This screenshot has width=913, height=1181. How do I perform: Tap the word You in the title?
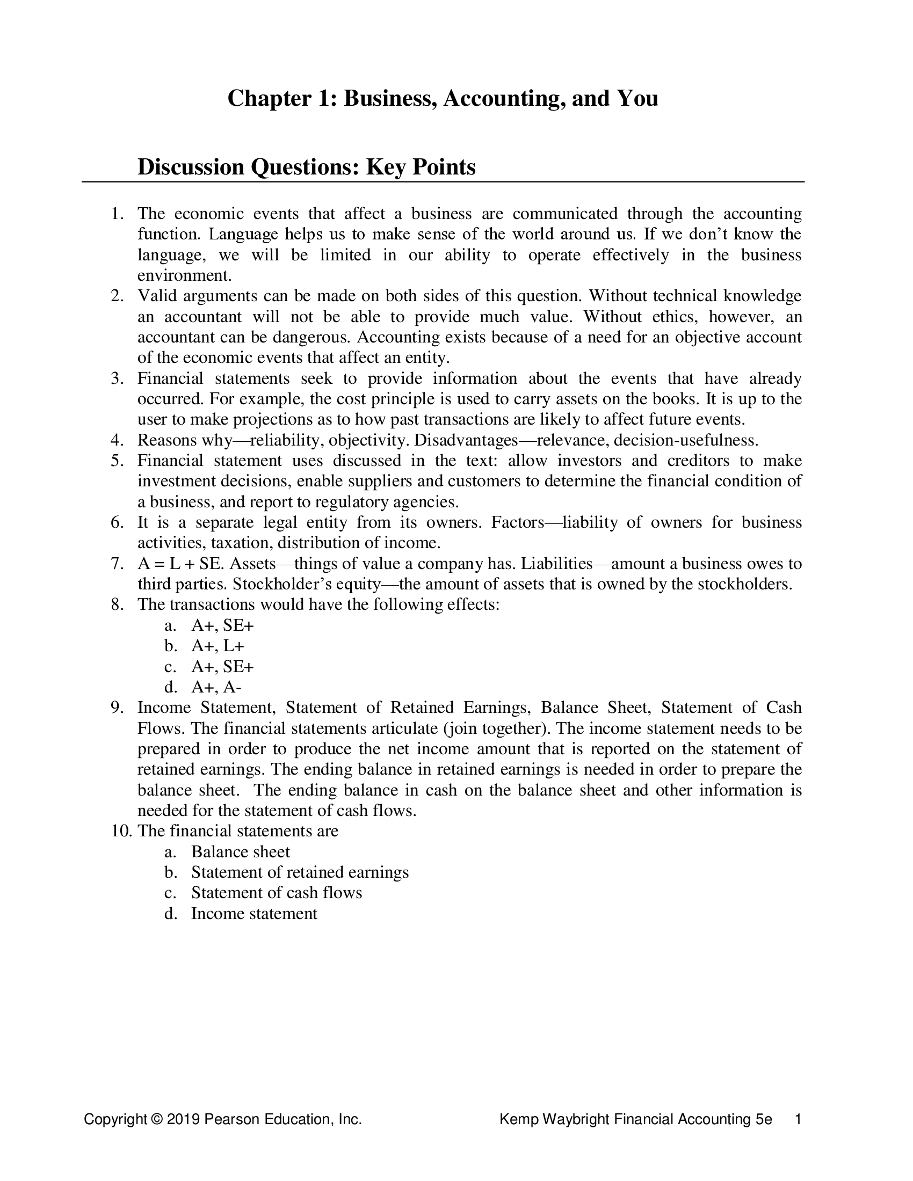coord(637,99)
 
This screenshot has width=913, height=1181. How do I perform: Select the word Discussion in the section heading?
coord(191,167)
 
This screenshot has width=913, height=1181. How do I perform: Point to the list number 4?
coord(118,440)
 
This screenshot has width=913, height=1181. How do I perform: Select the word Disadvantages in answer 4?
coord(466,440)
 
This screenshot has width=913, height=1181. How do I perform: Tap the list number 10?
coord(121,831)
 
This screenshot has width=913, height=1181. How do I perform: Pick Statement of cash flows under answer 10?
coord(277,893)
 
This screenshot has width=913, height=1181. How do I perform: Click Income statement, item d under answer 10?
coord(253,914)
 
